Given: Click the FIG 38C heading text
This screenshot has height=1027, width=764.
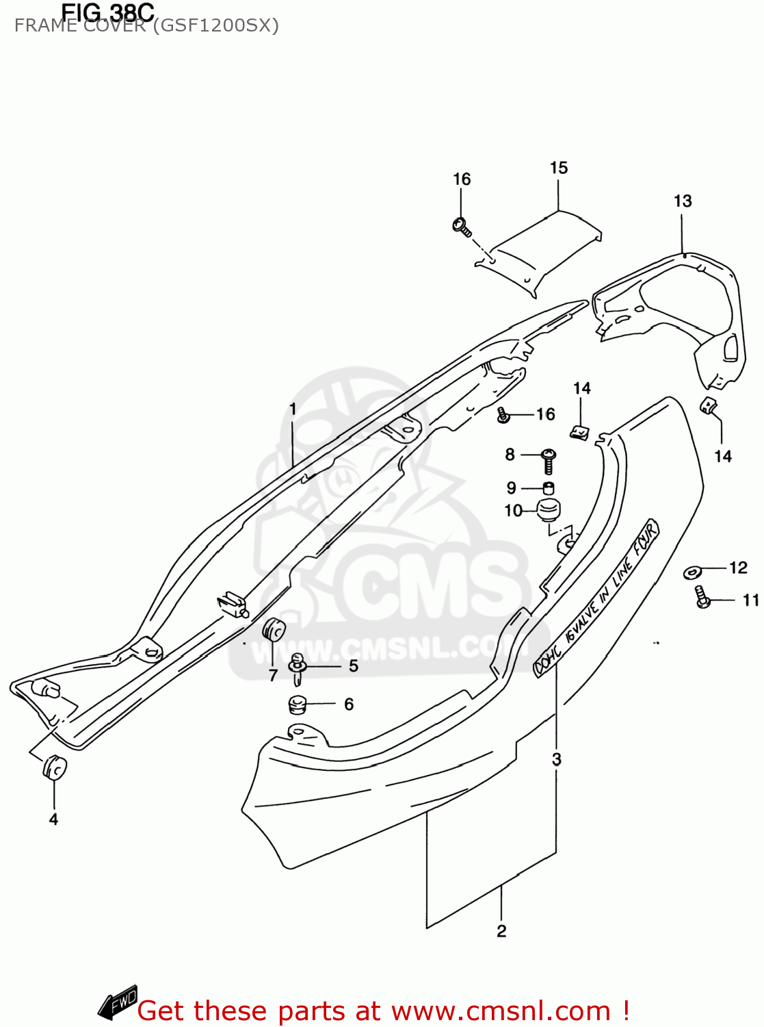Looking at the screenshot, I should click(x=107, y=12).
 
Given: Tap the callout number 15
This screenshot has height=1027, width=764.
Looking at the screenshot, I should click(x=559, y=168).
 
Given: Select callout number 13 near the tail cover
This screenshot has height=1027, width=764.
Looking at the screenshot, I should click(x=683, y=201).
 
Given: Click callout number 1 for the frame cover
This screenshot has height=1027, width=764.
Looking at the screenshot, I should click(x=293, y=409).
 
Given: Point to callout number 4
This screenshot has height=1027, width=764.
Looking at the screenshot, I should click(x=53, y=819).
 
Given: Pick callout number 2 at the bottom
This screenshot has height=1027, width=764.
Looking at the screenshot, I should click(x=501, y=931).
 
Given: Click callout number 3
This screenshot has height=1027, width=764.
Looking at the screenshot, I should click(x=557, y=759).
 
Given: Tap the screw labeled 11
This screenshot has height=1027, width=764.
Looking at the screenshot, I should click(x=702, y=597).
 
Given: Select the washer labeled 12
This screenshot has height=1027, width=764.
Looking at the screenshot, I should click(x=693, y=571).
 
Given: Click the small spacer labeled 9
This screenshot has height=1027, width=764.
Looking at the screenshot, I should click(x=548, y=488).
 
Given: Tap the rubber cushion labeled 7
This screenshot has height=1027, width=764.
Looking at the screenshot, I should click(x=274, y=631).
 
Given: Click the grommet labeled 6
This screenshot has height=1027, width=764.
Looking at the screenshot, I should click(x=298, y=704).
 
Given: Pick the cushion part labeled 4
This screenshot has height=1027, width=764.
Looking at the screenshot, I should click(x=54, y=768).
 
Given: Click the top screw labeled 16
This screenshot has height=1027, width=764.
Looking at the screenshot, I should click(x=461, y=225).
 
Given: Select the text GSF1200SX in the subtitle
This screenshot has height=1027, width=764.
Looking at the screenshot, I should click(x=215, y=26).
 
